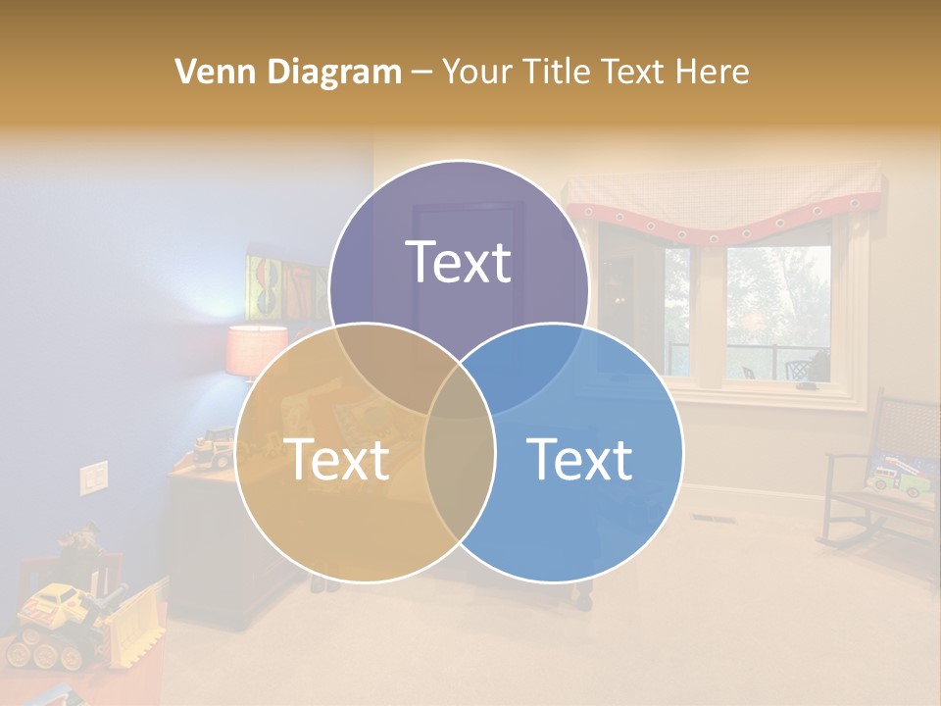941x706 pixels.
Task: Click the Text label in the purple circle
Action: (x=459, y=262)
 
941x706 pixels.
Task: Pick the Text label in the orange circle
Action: (x=336, y=458)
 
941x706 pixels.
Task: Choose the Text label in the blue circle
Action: (x=580, y=458)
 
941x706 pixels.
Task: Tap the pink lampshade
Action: (x=256, y=351)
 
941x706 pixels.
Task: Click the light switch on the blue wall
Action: (x=93, y=478)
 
